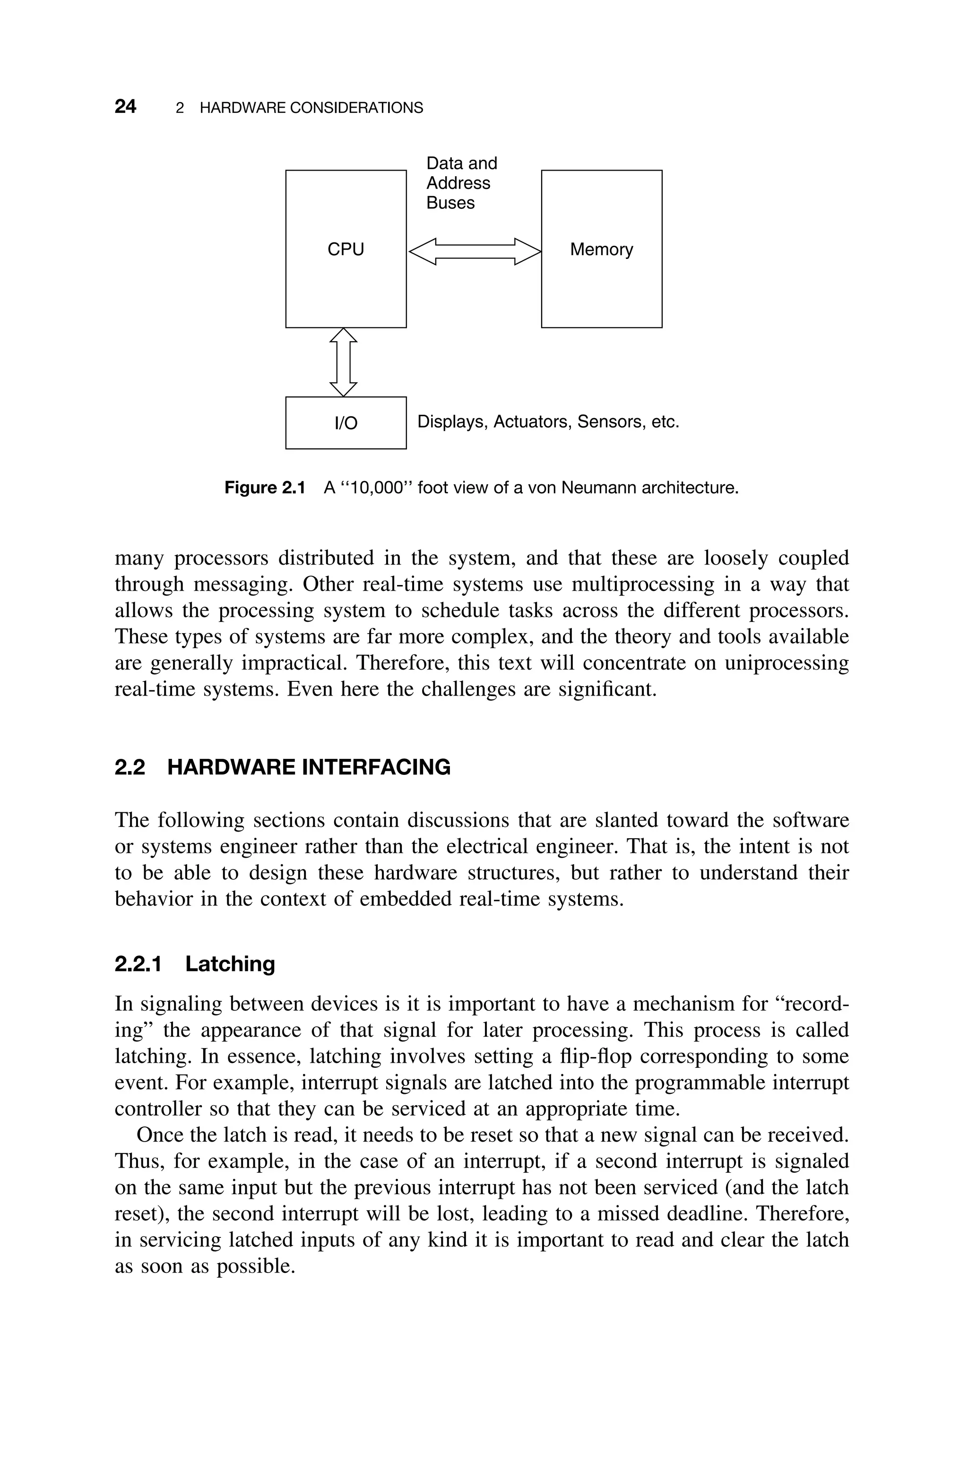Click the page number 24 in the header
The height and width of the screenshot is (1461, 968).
pyautogui.click(x=125, y=107)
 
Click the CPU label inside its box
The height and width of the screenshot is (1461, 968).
pyautogui.click(x=346, y=249)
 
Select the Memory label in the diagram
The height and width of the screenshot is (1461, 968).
pyautogui.click(x=601, y=249)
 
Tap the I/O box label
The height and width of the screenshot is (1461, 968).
pyautogui.click(x=346, y=423)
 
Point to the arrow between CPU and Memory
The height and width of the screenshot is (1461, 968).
pyautogui.click(x=474, y=251)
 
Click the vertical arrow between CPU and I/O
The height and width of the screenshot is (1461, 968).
pyautogui.click(x=343, y=362)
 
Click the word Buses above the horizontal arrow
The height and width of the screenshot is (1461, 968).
pyautogui.click(x=450, y=203)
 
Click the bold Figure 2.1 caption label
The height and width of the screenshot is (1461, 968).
pyautogui.click(x=265, y=488)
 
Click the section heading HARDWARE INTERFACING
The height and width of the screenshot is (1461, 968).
pyautogui.click(x=309, y=767)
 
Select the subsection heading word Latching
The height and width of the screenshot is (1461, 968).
pyautogui.click(x=230, y=964)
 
